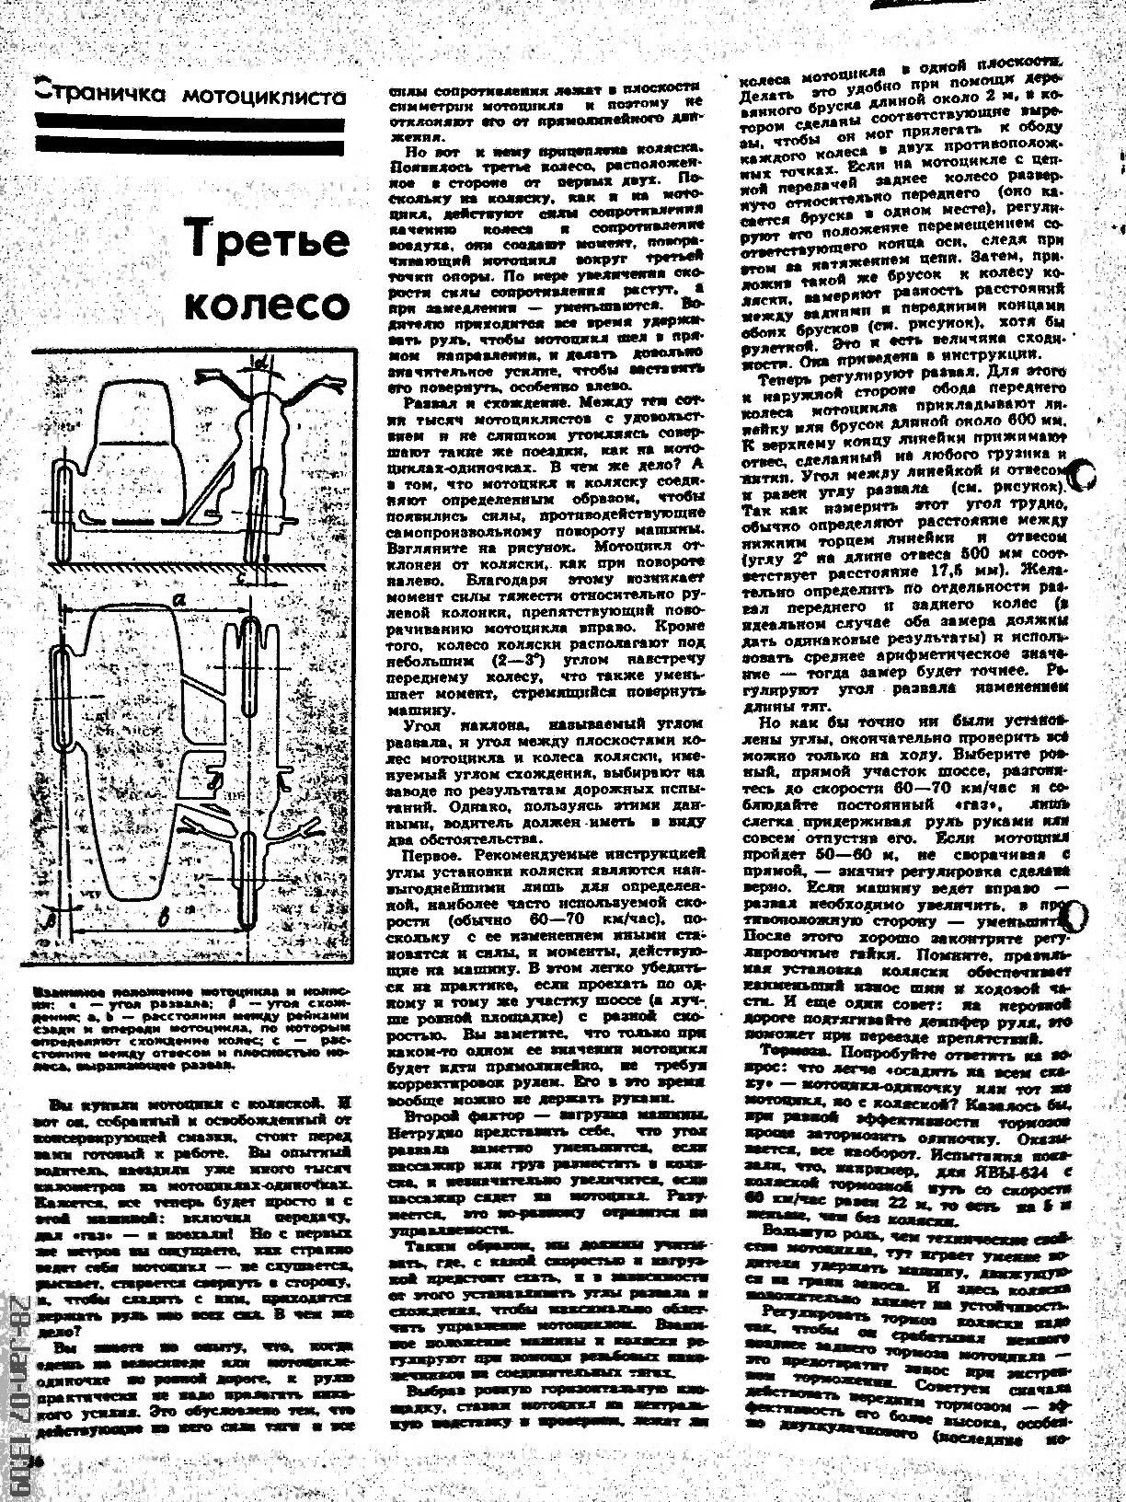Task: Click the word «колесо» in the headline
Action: tap(268, 305)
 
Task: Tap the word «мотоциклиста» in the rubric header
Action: tap(263, 96)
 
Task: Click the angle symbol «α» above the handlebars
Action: tap(260, 366)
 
